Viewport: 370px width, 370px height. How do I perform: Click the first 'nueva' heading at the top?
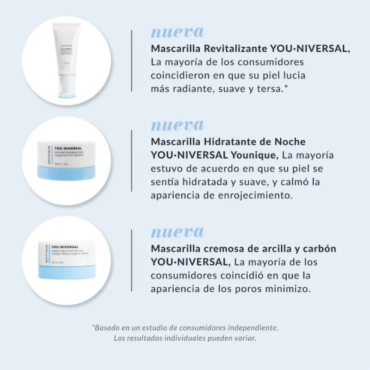coord(177,32)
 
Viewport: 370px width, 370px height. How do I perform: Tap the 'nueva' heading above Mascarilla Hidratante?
coord(177,125)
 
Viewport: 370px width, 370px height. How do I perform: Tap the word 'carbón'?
coord(320,248)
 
